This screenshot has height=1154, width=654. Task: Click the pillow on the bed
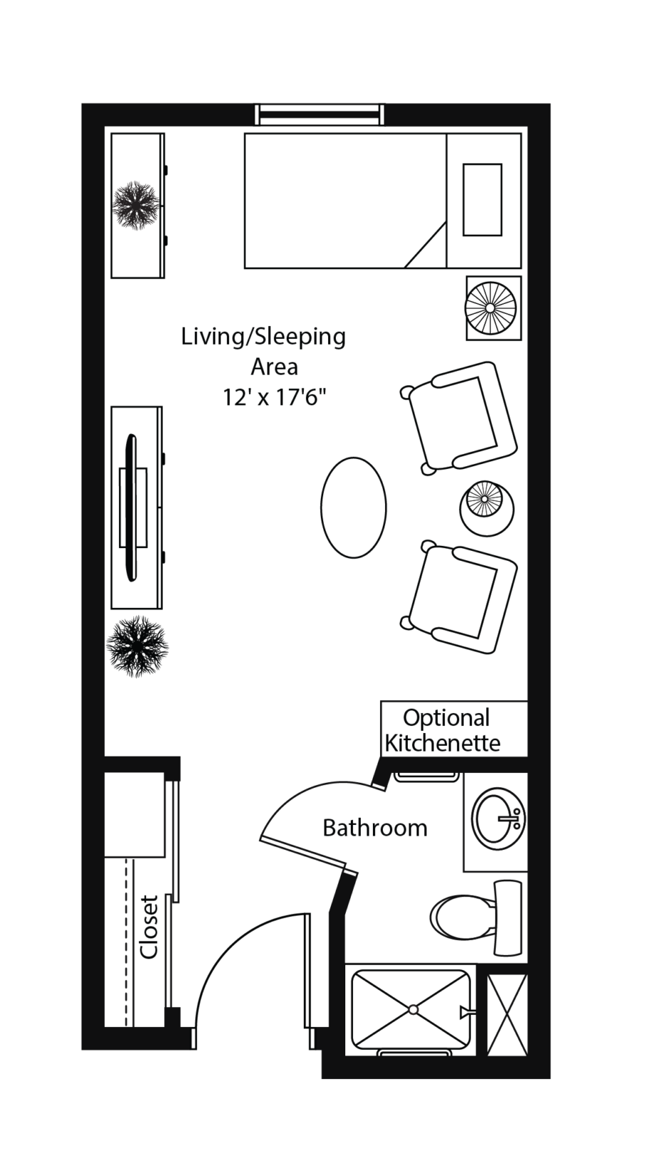(482, 199)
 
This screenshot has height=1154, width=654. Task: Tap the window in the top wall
(320, 114)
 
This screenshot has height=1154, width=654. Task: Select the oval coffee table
(353, 507)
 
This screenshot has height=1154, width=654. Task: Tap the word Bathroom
(375, 828)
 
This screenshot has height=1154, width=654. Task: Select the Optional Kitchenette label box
(454, 729)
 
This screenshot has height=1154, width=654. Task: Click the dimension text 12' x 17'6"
(275, 398)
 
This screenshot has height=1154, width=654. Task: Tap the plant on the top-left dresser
(136, 205)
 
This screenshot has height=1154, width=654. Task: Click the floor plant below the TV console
(137, 646)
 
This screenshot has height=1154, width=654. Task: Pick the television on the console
(133, 507)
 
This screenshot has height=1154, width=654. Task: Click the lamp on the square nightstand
(490, 308)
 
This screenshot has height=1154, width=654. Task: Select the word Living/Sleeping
(264, 338)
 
